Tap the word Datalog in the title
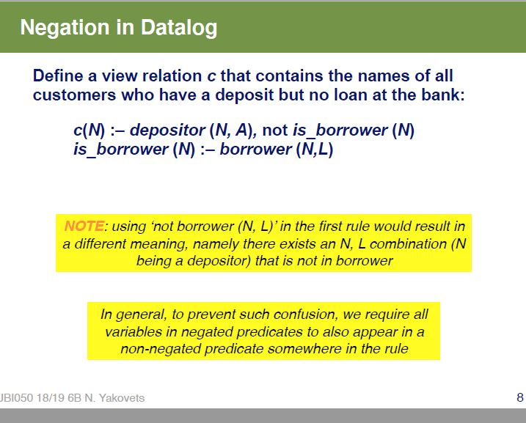175,29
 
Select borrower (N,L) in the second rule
277,150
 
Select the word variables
134,332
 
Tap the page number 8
519,398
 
